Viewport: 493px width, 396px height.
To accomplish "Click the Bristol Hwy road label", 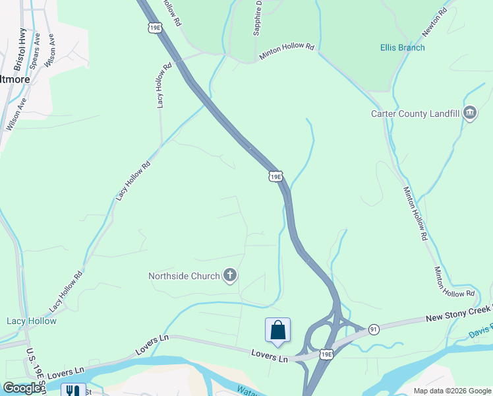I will (20, 49).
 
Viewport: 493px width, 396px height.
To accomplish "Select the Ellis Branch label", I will (402, 48).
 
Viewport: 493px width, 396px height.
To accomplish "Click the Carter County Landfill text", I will (414, 114).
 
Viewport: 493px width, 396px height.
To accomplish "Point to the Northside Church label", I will (184, 276).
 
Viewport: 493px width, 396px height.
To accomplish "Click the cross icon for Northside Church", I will (229, 276).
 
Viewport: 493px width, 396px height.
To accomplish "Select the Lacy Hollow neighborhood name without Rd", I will (32, 321).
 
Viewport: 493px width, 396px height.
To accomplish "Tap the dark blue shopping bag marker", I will (277, 331).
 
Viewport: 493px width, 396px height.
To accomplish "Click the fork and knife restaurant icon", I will (71, 390).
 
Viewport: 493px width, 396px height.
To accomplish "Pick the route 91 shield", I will (374, 329).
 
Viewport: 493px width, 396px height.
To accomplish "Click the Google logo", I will (22, 388).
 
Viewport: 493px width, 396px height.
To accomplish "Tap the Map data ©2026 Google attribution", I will (451, 391).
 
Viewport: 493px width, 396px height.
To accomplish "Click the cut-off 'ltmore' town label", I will (15, 79).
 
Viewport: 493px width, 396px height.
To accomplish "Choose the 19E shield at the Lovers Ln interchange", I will (326, 355).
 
